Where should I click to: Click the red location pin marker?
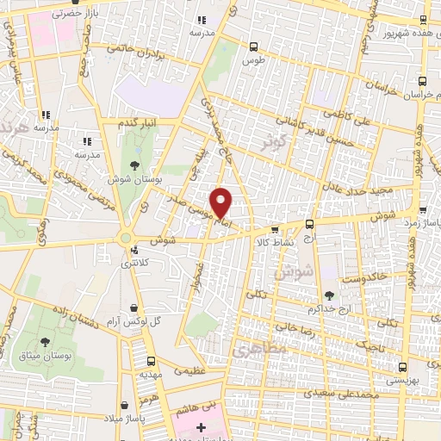coord(221,202)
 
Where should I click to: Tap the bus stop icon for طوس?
coord(252,47)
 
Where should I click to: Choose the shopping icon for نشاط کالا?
coord(275,229)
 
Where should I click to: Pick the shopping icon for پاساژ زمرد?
coord(423,210)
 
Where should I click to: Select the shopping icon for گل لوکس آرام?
coord(133,306)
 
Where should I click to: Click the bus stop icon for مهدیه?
coord(151,362)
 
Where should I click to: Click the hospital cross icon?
coord(202,427)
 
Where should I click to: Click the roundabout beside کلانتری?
coord(127,237)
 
